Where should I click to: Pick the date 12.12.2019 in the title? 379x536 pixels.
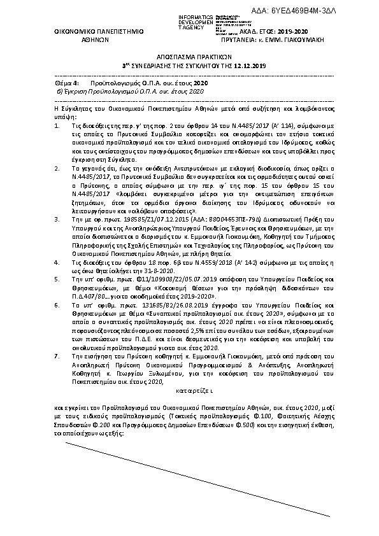248,65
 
